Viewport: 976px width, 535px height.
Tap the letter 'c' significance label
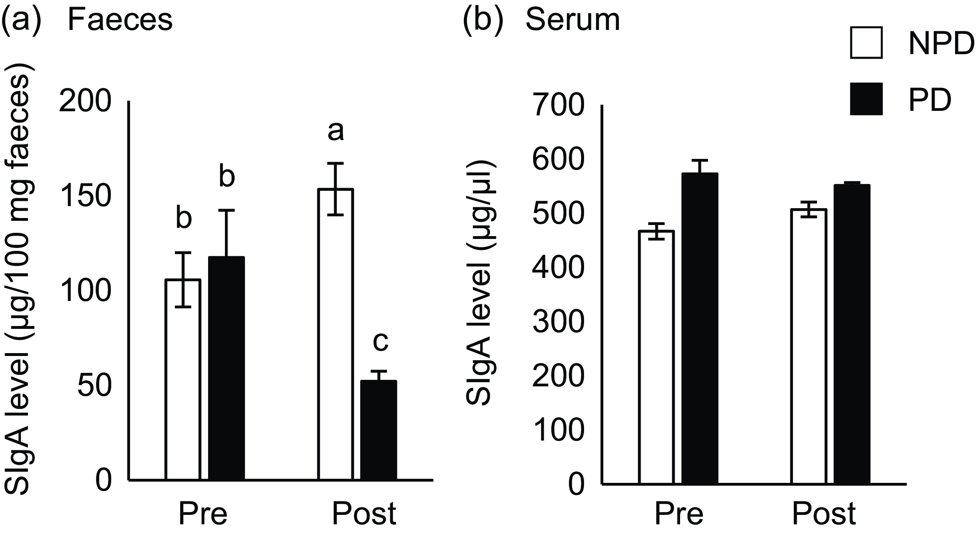pos(380,342)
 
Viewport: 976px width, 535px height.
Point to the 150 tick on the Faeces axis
pos(85,196)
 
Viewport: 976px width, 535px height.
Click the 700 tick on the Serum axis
pos(558,106)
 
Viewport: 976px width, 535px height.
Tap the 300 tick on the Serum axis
pos(558,322)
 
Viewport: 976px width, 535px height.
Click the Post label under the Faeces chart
pos(364,514)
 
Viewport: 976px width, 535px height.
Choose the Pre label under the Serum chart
pos(679,514)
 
